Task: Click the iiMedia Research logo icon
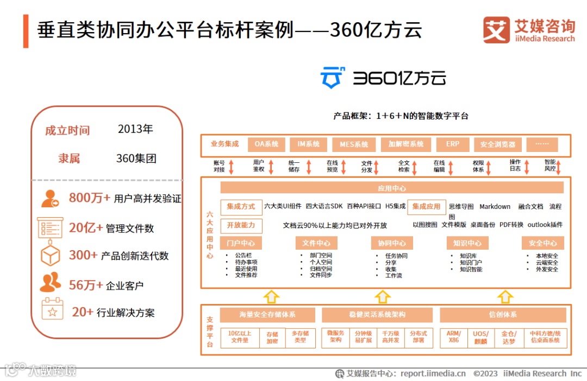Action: [496, 30]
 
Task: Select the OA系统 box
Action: [266, 144]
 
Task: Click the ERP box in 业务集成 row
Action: [453, 144]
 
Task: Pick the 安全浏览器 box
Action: [498, 145]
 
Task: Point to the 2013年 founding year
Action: [135, 129]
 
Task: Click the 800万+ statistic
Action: [89, 198]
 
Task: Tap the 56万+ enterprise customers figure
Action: [85, 285]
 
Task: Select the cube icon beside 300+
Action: [51, 255]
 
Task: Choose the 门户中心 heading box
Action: [241, 243]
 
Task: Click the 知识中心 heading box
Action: [467, 243]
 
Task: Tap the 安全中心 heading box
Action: [542, 243]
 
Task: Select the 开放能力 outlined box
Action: [241, 225]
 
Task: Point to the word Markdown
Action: [495, 207]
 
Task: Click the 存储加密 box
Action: [272, 337]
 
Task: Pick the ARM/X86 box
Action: [454, 337]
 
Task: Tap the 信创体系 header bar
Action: [502, 315]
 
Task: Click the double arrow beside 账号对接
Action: [231, 167]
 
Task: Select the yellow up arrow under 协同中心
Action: [383, 296]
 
